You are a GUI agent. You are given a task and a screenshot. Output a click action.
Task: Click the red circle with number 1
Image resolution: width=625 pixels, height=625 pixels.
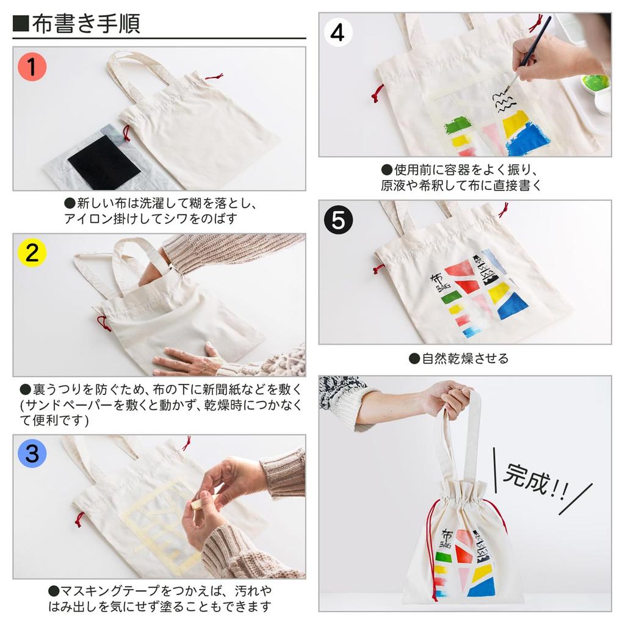click(x=32, y=66)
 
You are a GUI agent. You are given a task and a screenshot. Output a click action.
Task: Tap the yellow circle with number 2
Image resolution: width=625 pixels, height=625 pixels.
click(x=32, y=253)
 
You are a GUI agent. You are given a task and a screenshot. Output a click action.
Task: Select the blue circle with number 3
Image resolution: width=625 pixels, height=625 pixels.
click(x=32, y=453)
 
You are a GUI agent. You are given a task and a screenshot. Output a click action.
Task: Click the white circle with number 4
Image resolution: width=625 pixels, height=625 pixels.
click(x=338, y=32)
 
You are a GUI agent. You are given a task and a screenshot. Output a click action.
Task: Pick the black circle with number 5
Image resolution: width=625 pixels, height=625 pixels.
click(x=338, y=220)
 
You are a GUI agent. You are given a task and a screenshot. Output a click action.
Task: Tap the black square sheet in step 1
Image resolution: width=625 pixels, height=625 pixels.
click(x=104, y=162)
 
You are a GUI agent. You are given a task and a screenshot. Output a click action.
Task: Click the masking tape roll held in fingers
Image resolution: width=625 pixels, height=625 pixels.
click(x=197, y=504)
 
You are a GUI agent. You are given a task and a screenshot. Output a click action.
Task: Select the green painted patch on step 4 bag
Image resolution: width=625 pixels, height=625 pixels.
click(x=458, y=125)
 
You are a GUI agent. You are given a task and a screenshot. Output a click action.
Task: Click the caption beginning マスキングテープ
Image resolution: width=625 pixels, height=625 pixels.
click(x=160, y=599)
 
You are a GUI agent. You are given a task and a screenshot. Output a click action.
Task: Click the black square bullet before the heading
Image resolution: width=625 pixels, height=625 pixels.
click(x=21, y=24)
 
